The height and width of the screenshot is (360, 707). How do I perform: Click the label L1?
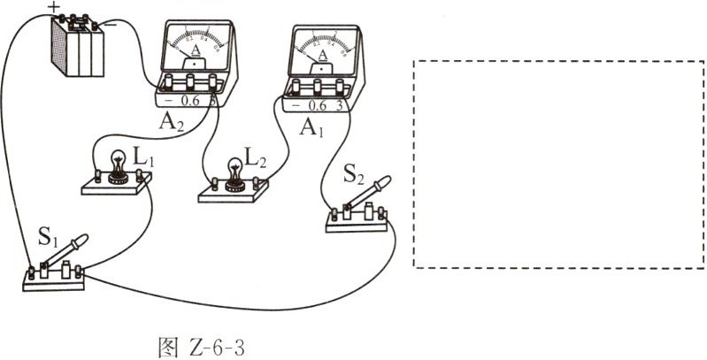pyautogui.click(x=143, y=157)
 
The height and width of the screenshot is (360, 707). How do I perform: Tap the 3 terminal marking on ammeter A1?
pyautogui.click(x=338, y=103)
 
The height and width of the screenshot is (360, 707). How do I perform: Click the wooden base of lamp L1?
pyautogui.click(x=115, y=186)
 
